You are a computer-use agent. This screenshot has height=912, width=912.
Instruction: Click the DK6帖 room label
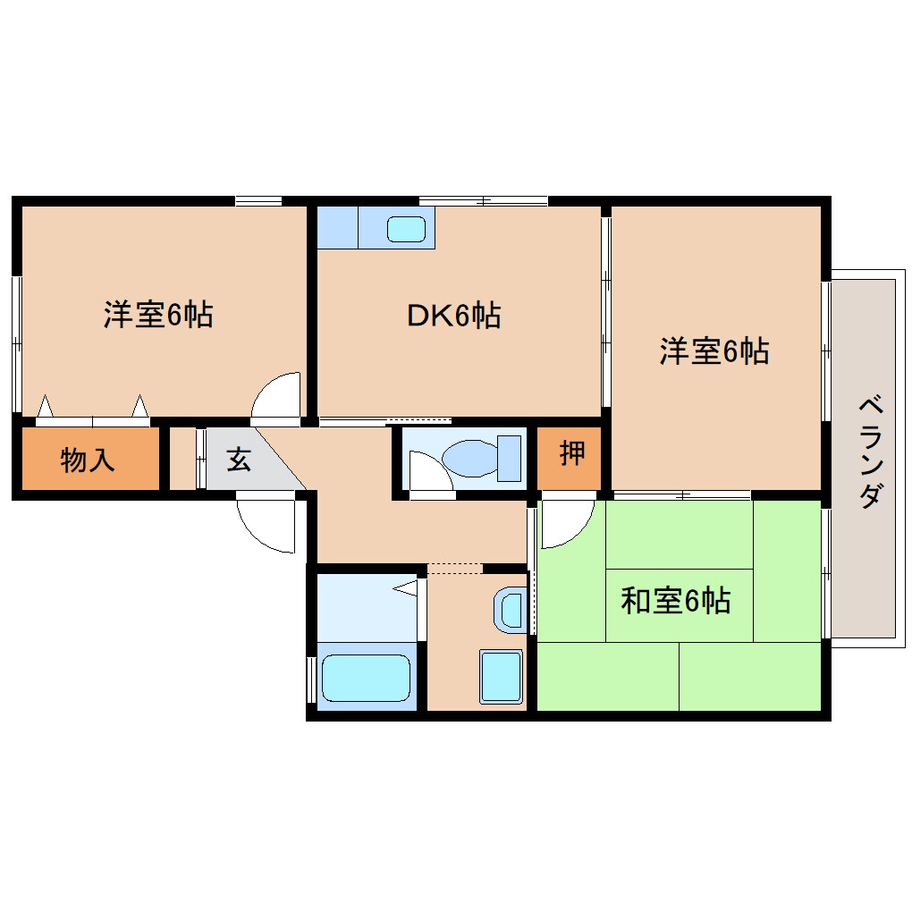tap(453, 316)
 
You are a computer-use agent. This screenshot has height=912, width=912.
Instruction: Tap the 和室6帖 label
tap(676, 601)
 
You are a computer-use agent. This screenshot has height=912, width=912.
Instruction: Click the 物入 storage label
tap(88, 460)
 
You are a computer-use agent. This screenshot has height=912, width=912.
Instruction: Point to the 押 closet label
tap(572, 454)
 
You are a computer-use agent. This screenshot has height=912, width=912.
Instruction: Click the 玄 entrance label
tap(238, 460)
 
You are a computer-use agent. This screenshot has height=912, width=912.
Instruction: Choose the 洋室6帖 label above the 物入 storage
tap(158, 315)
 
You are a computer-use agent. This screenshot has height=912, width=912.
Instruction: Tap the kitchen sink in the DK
tap(407, 229)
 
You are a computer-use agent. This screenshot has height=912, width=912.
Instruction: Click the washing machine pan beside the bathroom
tap(501, 676)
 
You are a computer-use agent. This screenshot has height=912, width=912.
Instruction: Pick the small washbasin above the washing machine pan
tap(511, 610)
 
